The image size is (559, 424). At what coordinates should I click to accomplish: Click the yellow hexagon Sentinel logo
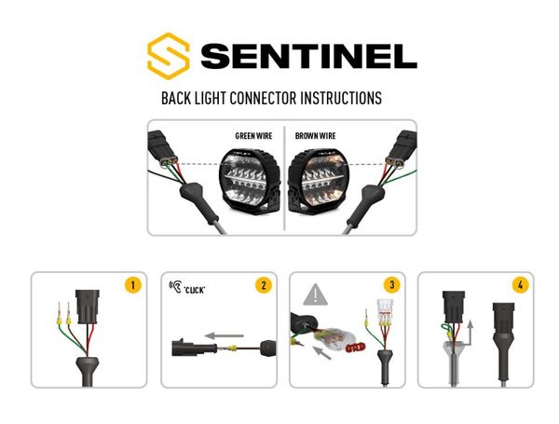click(168, 56)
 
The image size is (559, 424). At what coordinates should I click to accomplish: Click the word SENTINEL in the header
click(308, 56)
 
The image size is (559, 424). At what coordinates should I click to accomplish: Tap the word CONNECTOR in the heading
click(263, 98)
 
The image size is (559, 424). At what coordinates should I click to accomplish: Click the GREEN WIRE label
click(253, 136)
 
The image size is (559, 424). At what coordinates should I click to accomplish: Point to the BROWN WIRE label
click(315, 136)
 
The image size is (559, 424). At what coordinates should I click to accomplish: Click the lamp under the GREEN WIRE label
click(249, 181)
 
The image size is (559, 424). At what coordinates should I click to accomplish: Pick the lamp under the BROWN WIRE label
click(319, 182)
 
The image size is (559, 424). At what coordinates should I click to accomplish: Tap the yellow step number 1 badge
click(133, 285)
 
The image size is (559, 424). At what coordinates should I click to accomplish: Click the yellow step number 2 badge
click(264, 285)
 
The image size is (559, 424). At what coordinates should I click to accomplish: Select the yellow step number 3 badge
click(392, 284)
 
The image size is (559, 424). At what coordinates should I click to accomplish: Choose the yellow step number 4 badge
click(521, 285)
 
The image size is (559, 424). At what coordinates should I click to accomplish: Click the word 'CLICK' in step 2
click(195, 290)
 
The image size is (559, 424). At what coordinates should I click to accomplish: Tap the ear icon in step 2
click(176, 286)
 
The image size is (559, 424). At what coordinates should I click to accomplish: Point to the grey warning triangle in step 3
click(315, 294)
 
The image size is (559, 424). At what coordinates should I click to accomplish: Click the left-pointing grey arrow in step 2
click(224, 335)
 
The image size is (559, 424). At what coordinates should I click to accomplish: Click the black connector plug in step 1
click(87, 307)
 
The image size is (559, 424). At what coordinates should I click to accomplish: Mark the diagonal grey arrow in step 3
click(321, 352)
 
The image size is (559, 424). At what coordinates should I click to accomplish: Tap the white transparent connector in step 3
click(385, 313)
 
